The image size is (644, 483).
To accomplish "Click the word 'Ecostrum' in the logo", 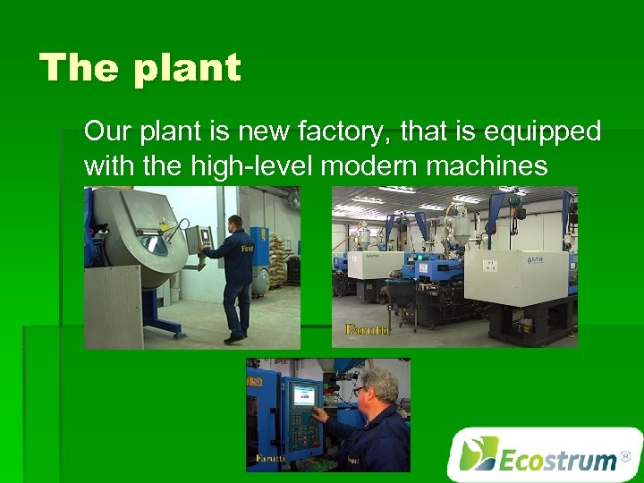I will [556, 461].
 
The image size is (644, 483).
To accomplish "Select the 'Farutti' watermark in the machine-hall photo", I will [368, 330].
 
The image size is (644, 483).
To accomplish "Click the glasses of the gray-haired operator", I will [360, 391].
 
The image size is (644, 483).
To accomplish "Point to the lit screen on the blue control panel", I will [303, 395].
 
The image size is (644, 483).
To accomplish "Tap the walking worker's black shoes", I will [234, 338].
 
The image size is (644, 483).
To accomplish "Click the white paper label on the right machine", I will [490, 265].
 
